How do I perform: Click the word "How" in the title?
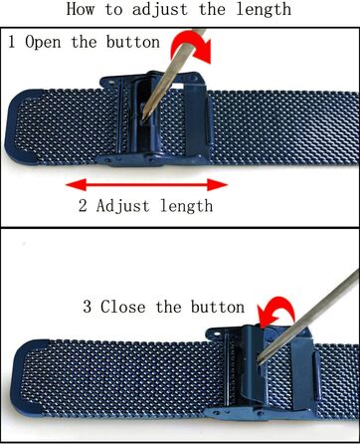point(81,9)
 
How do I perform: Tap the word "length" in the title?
point(264,10)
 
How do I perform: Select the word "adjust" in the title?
point(160,10)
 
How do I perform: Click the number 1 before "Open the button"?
point(12,42)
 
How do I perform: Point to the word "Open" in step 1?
point(43,43)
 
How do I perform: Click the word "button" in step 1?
point(133,42)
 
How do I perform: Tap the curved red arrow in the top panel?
point(192,46)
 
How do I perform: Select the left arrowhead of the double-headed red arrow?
point(77,185)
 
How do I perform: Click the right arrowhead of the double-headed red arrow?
point(218,185)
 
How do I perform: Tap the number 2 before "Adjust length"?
point(83,206)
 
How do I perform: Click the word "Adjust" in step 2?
point(122,207)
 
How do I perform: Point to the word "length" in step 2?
point(186,207)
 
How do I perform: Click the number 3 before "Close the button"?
point(88,307)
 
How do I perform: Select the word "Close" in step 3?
point(123,307)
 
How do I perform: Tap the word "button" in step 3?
point(218,307)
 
